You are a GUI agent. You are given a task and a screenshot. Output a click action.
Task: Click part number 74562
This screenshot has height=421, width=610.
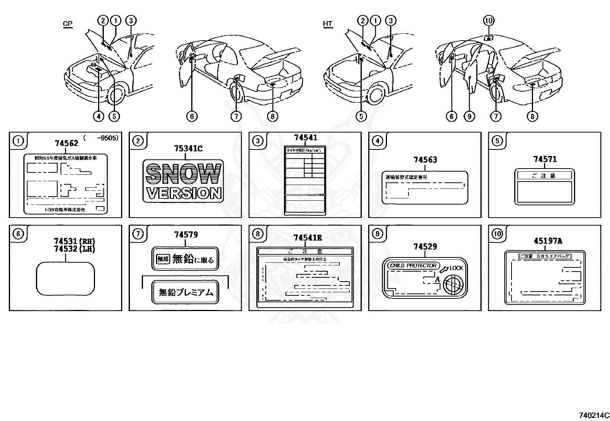[66, 143]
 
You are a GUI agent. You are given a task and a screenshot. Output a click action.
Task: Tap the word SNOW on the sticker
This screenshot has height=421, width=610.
[184, 174]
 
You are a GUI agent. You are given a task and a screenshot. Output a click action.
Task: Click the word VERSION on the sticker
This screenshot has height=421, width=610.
[184, 193]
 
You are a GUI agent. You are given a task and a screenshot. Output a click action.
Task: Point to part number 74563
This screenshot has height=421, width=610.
[425, 160]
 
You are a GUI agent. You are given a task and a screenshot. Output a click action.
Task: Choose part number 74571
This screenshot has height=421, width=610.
[544, 159]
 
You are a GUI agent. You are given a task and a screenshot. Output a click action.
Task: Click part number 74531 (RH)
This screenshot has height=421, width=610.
[74, 241]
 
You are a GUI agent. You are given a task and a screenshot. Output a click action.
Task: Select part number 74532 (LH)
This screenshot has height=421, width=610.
[74, 249]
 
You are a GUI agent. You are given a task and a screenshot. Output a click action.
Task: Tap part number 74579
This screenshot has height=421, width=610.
[186, 234]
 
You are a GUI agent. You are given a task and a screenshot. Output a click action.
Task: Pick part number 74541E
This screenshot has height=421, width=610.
[308, 238]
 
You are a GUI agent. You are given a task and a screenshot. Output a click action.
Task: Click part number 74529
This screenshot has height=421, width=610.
[425, 247]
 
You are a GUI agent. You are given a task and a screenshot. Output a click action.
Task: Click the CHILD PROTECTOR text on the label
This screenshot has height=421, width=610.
[413, 265]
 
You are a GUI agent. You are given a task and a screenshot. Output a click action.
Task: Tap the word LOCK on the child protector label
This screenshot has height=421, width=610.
[456, 268]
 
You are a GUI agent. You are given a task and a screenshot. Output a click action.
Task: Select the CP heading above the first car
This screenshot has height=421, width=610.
[67, 24]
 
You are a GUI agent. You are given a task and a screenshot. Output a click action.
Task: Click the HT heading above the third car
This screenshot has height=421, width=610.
[328, 24]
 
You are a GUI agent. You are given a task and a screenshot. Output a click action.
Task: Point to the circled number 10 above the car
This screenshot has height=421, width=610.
[489, 21]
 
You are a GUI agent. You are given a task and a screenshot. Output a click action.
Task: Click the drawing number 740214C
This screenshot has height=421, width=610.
[594, 415]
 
